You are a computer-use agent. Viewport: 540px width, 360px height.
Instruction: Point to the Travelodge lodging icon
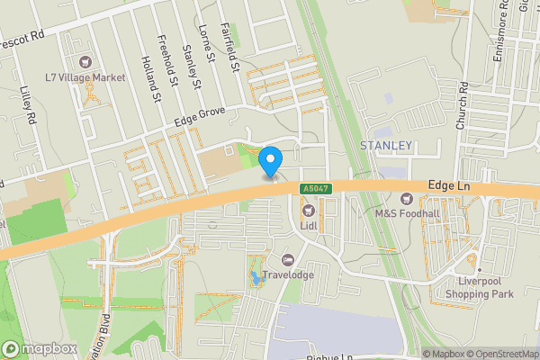(287, 259)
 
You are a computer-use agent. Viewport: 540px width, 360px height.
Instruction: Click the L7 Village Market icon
(86, 62)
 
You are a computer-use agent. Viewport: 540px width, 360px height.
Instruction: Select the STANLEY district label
(385, 145)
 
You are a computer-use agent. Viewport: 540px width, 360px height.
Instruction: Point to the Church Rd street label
(463, 106)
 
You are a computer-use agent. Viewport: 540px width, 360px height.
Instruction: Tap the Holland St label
(150, 77)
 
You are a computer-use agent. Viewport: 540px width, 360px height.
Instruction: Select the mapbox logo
(38, 348)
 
